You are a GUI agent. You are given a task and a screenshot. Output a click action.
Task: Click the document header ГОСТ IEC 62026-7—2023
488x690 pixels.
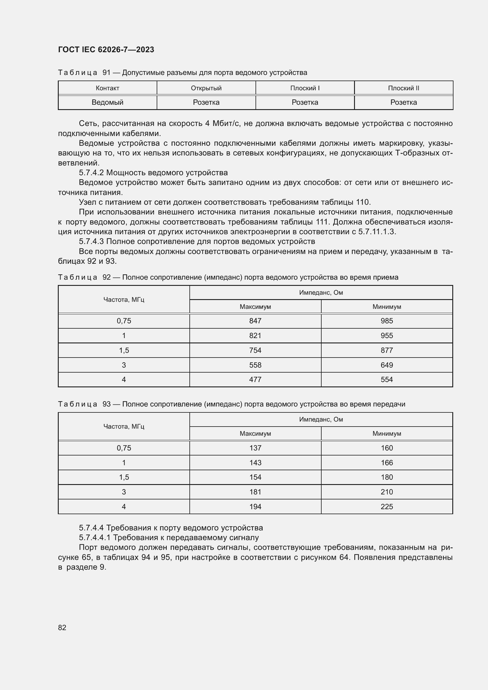[106, 50]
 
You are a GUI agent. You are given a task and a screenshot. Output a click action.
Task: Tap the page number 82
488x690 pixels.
[62, 627]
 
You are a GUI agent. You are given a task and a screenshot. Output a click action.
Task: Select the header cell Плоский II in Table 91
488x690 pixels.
[403, 88]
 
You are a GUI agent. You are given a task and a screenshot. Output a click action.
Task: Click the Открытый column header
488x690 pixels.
[206, 88]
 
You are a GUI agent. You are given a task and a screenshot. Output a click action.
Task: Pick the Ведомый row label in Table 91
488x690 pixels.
[107, 102]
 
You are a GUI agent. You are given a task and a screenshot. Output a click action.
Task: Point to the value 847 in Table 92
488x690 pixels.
[255, 321]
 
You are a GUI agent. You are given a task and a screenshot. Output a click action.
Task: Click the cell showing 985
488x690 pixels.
[387, 321]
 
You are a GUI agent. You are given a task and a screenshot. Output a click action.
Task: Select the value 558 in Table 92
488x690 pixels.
[255, 365]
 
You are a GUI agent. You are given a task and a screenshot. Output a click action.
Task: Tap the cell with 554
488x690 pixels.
[387, 380]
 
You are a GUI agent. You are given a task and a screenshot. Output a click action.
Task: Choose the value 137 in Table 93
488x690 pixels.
[255, 448]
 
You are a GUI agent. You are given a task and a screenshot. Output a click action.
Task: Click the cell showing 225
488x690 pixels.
[387, 507]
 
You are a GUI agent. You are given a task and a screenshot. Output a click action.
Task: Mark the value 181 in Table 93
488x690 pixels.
[255, 492]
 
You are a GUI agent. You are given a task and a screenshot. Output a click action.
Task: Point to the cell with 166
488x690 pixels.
[387, 463]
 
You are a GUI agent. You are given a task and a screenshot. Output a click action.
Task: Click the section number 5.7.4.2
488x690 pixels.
[91, 173]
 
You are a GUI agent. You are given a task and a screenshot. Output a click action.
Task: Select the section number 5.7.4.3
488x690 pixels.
[91, 242]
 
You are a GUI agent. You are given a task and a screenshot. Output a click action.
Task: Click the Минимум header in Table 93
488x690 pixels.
[387, 434]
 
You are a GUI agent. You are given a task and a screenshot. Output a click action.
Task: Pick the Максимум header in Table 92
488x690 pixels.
[255, 307]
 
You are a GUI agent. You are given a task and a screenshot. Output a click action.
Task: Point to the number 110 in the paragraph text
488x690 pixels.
[363, 202]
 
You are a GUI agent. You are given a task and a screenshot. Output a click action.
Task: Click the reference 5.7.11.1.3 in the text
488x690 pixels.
[377, 232]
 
